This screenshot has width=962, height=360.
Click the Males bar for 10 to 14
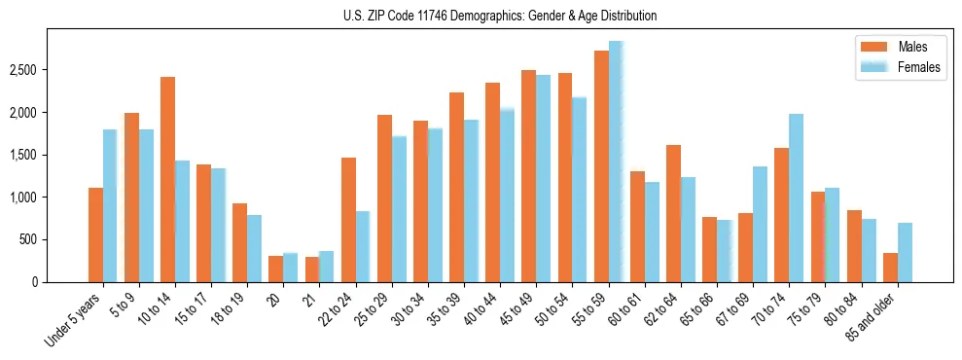167,179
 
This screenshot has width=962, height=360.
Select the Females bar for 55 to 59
616,162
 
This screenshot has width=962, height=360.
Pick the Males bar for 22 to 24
348,219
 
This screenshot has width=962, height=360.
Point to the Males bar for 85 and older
890,267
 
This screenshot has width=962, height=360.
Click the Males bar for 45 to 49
529,175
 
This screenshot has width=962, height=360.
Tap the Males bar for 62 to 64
673,213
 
